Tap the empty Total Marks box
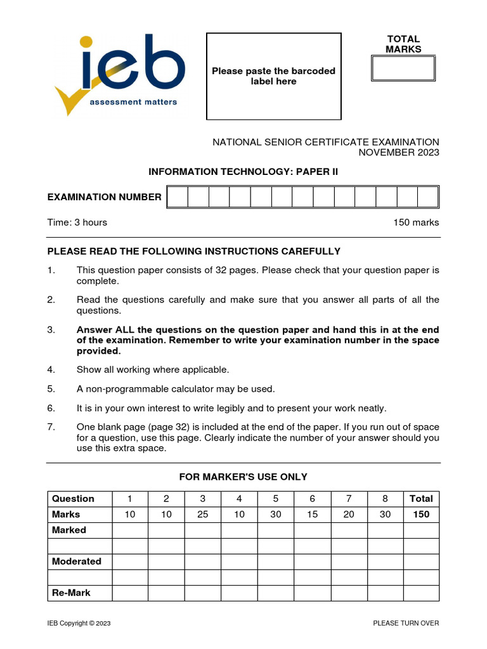point(403,68)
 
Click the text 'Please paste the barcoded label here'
point(273,76)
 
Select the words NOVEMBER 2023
point(399,153)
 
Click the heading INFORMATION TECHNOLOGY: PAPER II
point(243,172)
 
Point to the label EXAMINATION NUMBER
point(105,197)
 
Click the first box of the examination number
point(178,197)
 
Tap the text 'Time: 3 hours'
point(77,222)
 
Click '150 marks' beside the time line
point(416,222)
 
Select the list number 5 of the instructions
point(51,389)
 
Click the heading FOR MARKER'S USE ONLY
point(243,477)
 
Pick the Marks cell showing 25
point(203,515)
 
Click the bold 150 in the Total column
point(421,515)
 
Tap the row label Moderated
point(77,562)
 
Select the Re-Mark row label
point(71,593)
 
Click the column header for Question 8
point(385,499)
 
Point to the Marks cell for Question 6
point(312,515)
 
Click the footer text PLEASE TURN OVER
point(406,624)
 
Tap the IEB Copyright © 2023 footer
point(79,624)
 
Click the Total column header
point(421,499)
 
